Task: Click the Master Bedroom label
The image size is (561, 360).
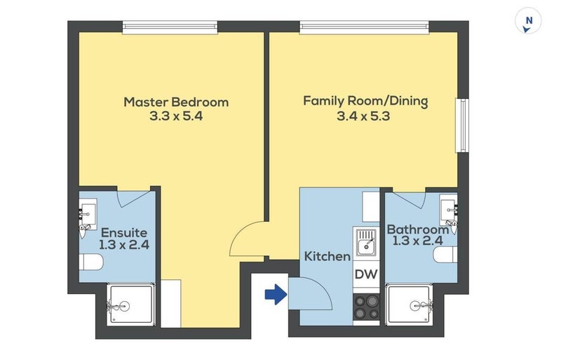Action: pos(176,102)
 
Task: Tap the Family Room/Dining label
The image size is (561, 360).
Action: pos(365,101)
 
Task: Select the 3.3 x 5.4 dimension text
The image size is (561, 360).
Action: pos(176,116)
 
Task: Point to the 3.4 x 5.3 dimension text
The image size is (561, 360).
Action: pos(363,116)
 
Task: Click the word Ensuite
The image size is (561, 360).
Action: pos(124,233)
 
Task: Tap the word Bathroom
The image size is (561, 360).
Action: pos(418,229)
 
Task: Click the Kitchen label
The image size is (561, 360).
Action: pos(327,256)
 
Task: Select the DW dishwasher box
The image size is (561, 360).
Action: pos(366,274)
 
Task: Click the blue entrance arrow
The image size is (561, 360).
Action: pos(276,295)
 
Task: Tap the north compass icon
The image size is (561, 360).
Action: pos(528,22)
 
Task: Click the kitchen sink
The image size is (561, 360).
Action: pos(366,242)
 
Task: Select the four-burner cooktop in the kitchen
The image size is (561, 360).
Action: pos(366,307)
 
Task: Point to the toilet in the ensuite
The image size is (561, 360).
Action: pos(91,262)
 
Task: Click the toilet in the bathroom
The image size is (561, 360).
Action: pos(445,255)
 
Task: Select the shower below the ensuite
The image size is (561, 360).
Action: pos(131,305)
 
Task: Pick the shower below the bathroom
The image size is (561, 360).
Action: pos(409,305)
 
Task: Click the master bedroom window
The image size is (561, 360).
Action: pos(170,27)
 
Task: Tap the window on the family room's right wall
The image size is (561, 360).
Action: pos(462,126)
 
